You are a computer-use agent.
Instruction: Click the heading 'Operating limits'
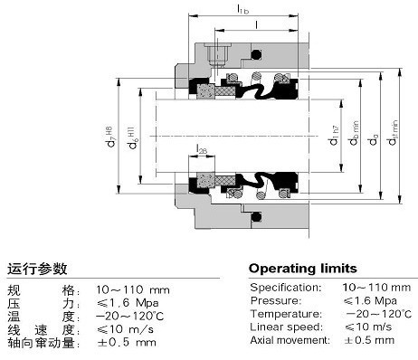pos(302,269)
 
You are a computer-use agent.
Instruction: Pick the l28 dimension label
pos(201,150)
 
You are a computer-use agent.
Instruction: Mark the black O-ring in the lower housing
pos(256,214)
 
